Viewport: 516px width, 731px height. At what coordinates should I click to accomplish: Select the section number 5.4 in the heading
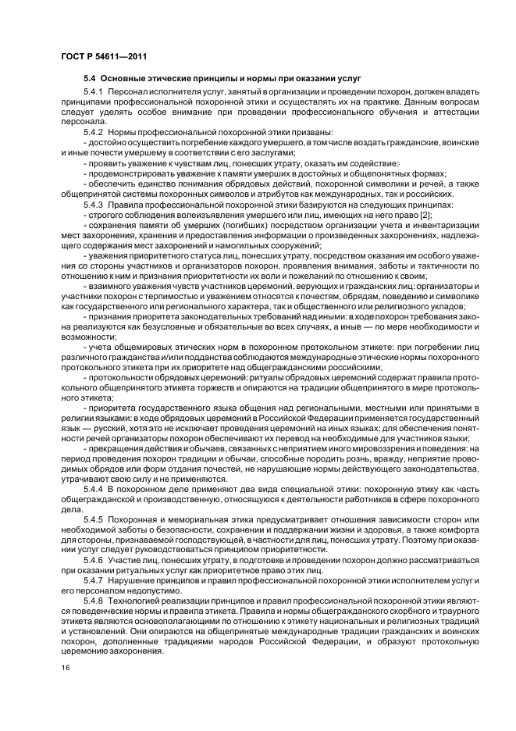(90, 80)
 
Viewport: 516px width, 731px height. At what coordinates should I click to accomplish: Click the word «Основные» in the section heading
(127, 80)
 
